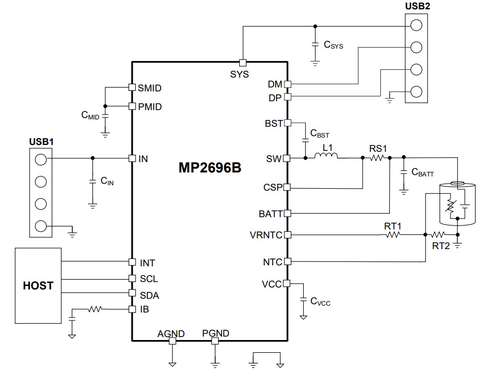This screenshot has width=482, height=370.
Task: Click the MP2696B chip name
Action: point(210,168)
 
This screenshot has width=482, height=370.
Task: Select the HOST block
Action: point(38,285)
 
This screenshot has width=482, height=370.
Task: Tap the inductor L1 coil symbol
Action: point(326,157)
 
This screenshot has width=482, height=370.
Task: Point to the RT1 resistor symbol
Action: point(393,235)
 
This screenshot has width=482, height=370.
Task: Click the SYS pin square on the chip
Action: point(242,62)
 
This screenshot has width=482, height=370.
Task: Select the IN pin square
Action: point(132,158)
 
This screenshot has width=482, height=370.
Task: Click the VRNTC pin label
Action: point(266,235)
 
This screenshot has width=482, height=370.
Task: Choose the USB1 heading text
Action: point(41,142)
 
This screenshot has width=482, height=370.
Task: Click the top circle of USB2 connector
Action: point(416,25)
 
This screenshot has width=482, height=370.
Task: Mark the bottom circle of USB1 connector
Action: point(41,226)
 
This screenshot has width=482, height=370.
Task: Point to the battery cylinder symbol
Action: point(457,203)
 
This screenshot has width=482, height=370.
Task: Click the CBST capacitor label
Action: point(320,134)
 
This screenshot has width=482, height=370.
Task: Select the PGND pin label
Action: point(215,333)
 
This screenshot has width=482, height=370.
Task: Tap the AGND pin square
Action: point(172,340)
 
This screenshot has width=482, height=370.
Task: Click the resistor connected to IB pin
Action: point(95,310)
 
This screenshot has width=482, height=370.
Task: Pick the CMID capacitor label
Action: point(90,115)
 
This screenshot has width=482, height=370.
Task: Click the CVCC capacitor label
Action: point(320,301)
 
